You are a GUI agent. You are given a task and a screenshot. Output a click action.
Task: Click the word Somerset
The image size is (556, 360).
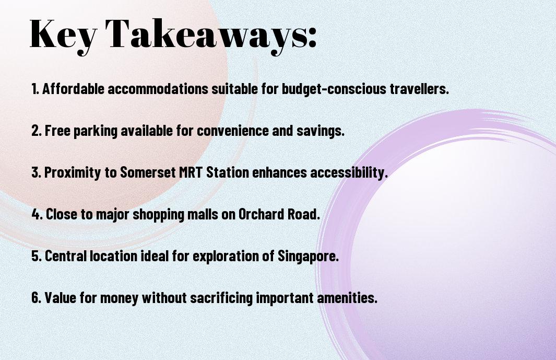[x=148, y=172]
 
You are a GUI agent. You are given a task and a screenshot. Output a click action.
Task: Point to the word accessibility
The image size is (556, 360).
[x=349, y=173]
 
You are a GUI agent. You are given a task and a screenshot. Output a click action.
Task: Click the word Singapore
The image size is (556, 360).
[x=308, y=257]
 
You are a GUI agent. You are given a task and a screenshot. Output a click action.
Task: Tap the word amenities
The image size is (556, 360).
[x=347, y=297]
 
